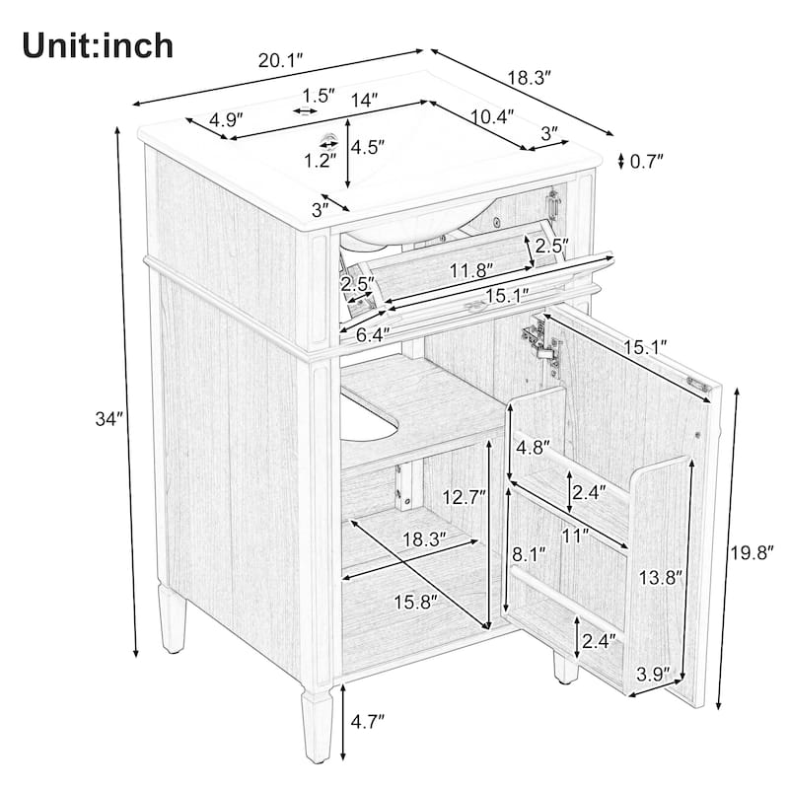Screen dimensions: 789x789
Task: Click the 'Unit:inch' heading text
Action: point(98,45)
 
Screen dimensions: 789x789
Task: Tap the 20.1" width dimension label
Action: point(281,61)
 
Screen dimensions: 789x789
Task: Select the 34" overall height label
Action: point(109,418)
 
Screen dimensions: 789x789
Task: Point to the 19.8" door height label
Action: point(752,553)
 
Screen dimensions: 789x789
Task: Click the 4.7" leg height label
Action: point(368,722)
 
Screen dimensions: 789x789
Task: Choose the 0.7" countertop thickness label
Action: point(647,161)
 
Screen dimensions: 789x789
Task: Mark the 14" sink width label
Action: point(364,101)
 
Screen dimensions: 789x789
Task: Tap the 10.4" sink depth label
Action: point(492,116)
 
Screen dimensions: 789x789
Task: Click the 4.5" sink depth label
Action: point(368,147)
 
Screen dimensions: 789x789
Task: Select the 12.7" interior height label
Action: point(464,498)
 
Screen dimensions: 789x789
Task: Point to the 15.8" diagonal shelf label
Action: point(415,602)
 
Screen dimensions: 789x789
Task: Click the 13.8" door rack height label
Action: point(661,577)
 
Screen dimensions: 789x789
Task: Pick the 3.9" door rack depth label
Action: point(654,674)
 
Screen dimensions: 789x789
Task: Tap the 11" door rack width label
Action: point(576,537)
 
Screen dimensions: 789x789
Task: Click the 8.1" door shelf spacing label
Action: point(529,555)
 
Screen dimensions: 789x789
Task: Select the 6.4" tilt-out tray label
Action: point(374,334)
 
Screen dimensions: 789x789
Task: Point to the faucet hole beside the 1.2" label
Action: point(329,138)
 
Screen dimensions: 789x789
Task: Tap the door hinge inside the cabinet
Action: point(542,344)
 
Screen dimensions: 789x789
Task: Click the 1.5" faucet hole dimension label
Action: point(318,95)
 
